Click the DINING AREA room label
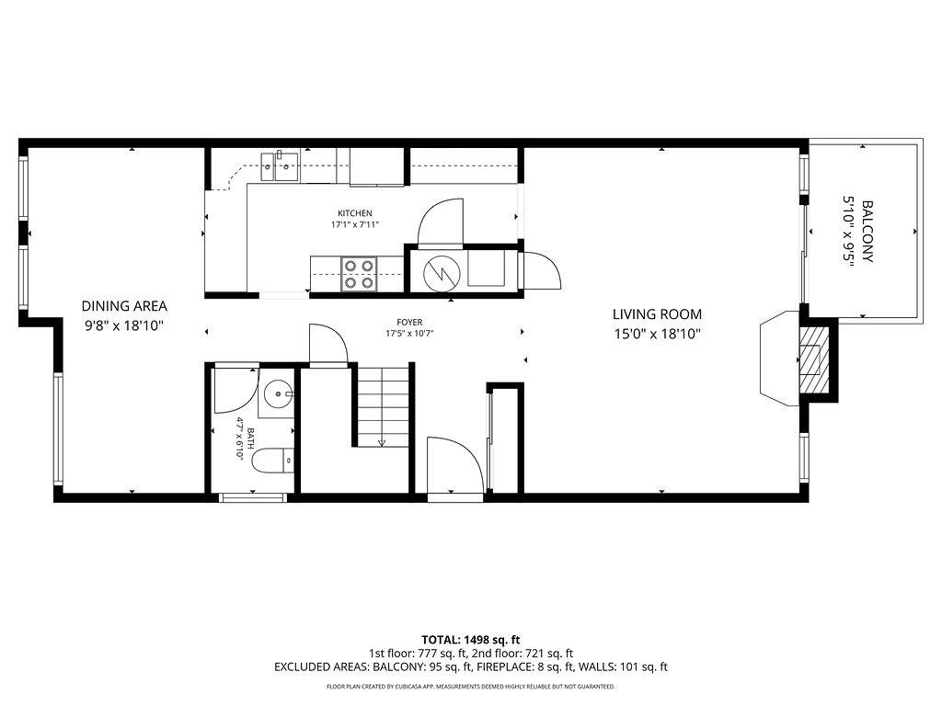point(123,306)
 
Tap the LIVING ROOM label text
point(657,313)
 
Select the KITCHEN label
point(354,213)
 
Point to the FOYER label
point(409,322)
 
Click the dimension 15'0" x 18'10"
point(657,335)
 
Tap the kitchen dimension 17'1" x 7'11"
point(355,224)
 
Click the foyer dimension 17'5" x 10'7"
point(409,333)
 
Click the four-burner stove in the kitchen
point(358,274)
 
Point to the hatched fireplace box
point(811,359)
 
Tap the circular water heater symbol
point(438,272)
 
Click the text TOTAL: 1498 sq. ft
point(470,639)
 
